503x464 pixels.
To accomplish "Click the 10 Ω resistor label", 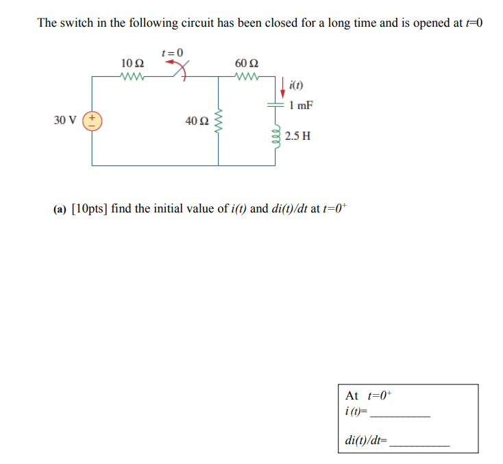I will tap(131, 64).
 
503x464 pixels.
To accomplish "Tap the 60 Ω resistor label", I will tap(246, 64).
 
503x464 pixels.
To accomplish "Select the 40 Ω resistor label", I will tap(196, 121).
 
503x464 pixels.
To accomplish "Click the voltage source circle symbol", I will tap(92, 121).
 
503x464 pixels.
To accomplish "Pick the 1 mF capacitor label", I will tap(301, 106).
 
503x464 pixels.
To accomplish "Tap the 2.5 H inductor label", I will tap(298, 136).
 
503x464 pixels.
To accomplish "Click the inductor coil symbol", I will tap(277, 135).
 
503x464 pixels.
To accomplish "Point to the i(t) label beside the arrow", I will tap(296, 86).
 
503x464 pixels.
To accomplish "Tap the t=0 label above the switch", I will tap(172, 52).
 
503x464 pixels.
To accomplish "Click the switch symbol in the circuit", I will tap(180, 69).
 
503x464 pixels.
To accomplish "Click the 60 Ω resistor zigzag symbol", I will tap(246, 77).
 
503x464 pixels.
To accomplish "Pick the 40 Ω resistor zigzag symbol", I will tap(219, 121).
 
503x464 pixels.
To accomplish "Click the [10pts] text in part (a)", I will tap(89, 209).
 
